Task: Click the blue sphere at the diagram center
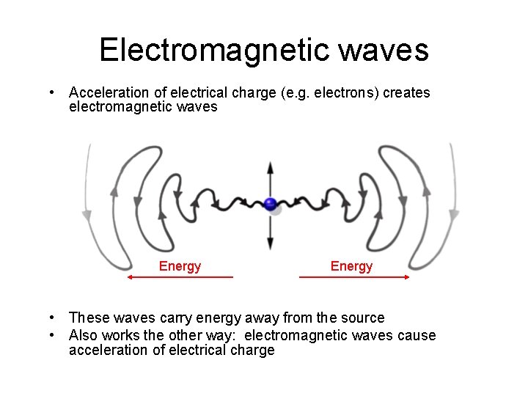271,204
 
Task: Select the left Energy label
180,266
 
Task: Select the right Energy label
351,266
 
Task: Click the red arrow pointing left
180,277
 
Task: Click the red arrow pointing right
354,277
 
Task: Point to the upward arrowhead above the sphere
271,166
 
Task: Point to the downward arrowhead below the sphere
271,243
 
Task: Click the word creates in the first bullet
406,93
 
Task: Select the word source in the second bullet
362,318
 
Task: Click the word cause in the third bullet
417,335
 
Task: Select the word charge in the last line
252,350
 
